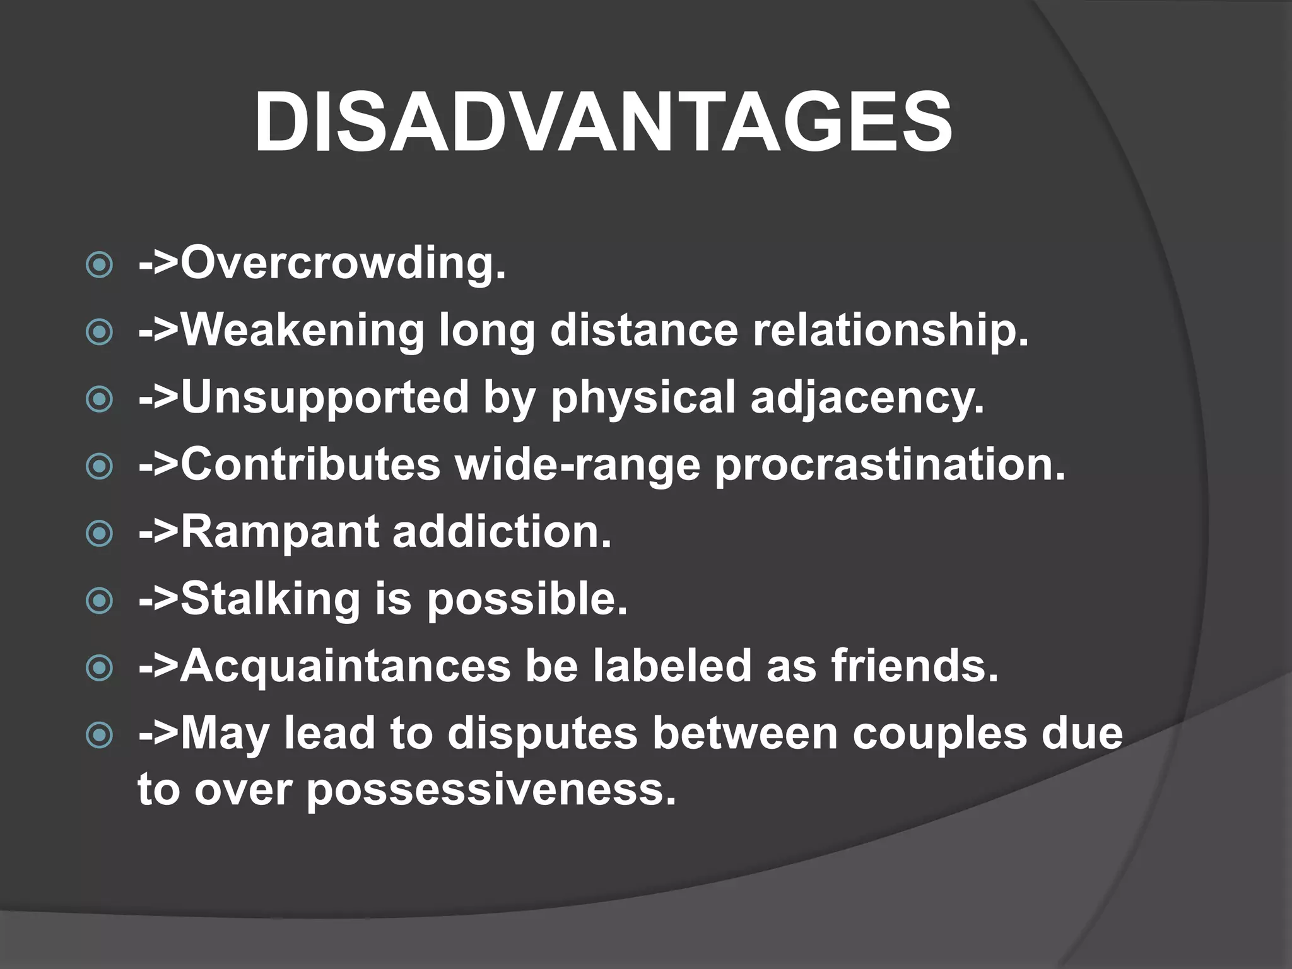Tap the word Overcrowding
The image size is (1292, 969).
[343, 263]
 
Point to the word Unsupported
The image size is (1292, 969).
[324, 397]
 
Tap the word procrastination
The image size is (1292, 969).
[890, 466]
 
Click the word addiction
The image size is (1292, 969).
[502, 532]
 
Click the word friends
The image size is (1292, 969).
[915, 666]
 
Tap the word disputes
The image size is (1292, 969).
[543, 734]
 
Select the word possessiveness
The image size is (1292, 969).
[491, 790]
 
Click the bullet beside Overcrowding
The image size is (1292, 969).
[99, 265]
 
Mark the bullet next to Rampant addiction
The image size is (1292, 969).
[99, 534]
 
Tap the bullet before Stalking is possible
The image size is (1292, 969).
[99, 601]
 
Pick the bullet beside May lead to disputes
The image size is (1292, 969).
[99, 735]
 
